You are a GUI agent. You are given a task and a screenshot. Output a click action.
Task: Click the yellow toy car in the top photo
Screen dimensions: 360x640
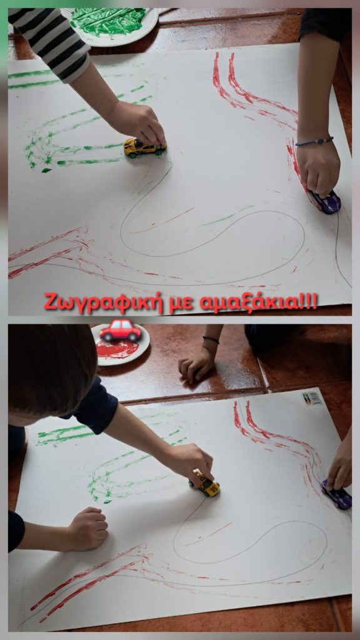[x=144, y=147]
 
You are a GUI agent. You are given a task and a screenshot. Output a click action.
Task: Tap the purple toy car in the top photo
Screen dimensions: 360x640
[x=325, y=201]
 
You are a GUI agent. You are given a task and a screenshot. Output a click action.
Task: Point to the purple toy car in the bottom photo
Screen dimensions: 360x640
[x=336, y=494]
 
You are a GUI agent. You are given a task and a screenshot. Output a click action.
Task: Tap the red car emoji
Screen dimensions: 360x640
[x=121, y=330]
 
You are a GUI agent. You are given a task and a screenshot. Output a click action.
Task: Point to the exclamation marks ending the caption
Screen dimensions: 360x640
[x=305, y=301]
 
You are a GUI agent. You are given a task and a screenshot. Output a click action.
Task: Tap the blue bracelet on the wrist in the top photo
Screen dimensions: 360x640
[x=314, y=141]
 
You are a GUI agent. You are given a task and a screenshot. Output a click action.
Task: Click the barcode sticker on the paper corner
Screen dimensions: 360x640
[x=312, y=398]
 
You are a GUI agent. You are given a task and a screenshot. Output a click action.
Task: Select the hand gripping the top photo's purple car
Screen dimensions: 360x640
[x=318, y=167]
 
